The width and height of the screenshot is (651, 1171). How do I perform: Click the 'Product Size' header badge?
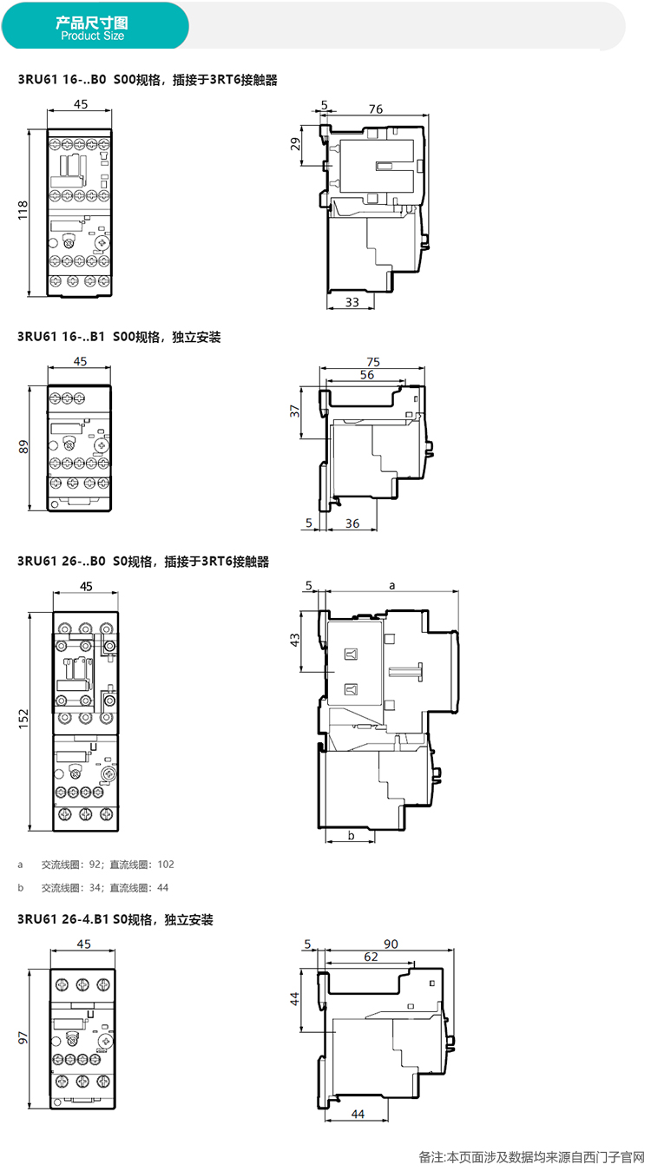[x=95, y=26]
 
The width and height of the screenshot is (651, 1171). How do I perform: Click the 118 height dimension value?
[x=23, y=210]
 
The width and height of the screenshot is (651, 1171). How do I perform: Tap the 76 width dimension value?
[x=376, y=109]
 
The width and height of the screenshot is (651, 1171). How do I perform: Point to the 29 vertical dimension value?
[x=295, y=144]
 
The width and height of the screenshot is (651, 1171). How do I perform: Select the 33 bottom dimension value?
[x=352, y=302]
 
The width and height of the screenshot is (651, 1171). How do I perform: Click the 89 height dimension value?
[x=23, y=447]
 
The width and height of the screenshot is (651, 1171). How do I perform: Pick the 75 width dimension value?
[x=373, y=362]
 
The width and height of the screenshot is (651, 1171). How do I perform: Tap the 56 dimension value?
[x=367, y=374]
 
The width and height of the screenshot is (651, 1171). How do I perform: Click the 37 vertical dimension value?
[x=295, y=411]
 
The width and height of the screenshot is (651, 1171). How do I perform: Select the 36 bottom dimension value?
[x=352, y=523]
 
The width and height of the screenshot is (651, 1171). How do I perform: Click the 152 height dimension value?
[x=23, y=719]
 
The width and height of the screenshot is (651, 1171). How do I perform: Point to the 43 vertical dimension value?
[x=295, y=640]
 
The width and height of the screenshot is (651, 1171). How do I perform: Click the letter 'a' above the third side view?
[x=392, y=585]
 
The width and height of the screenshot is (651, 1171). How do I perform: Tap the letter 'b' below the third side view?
[x=352, y=835]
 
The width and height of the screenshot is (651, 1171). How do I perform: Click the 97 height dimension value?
[x=23, y=1038]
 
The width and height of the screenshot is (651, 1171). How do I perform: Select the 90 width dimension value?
[x=391, y=944]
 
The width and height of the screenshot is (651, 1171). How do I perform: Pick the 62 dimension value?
[x=372, y=957]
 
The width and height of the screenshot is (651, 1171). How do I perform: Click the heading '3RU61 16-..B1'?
[x=61, y=337]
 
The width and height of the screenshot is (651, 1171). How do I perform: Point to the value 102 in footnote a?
[x=166, y=865]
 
